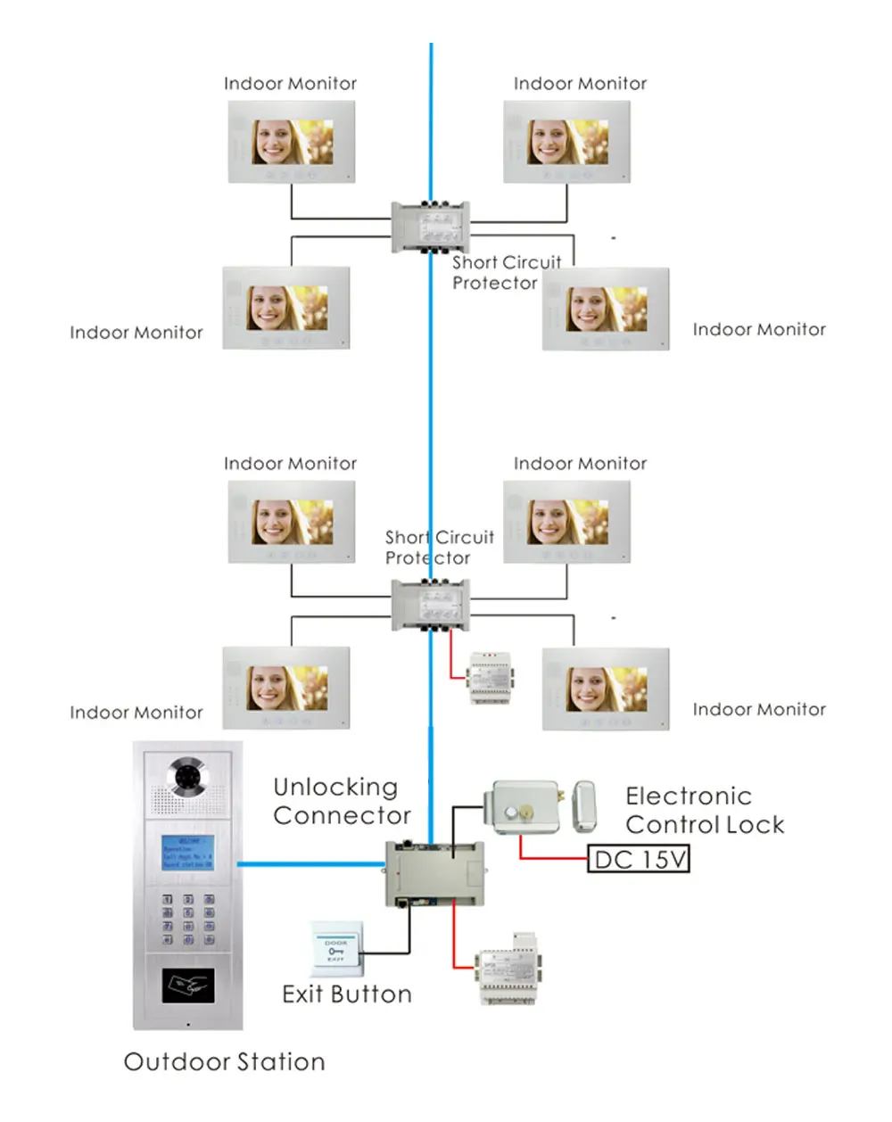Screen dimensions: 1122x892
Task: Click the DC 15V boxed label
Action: [639, 860]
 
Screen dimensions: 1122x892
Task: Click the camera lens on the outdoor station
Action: [188, 777]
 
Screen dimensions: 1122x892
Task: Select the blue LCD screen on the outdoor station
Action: [187, 853]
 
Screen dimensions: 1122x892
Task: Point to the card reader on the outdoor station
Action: [187, 986]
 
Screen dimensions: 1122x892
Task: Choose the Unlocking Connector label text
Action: [342, 801]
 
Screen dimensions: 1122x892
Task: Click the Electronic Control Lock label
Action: [705, 810]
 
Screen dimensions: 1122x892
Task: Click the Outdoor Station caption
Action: [224, 1061]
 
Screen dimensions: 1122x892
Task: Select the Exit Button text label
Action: [346, 994]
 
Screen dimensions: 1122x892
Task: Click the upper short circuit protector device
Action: [431, 227]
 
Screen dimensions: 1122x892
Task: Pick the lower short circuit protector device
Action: [431, 606]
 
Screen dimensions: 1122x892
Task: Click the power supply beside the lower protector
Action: [490, 678]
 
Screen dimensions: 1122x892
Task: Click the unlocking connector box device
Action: [434, 873]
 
